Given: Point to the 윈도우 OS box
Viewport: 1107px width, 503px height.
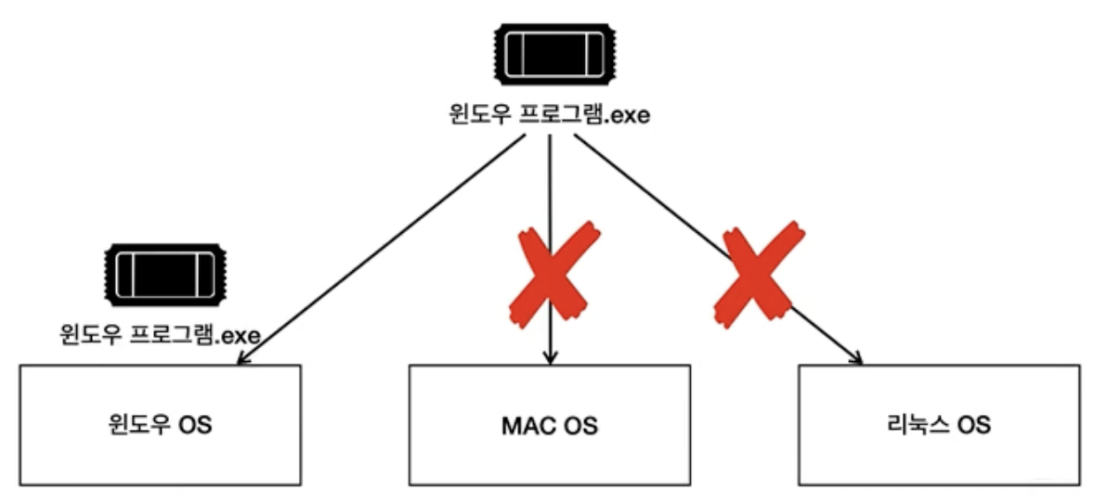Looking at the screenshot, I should click(x=160, y=424).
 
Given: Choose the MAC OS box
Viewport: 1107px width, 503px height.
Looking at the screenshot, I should click(x=550, y=424).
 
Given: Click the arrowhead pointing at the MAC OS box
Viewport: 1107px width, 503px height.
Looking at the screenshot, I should click(x=552, y=357).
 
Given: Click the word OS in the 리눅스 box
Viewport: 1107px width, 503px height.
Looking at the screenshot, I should click(x=974, y=427).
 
